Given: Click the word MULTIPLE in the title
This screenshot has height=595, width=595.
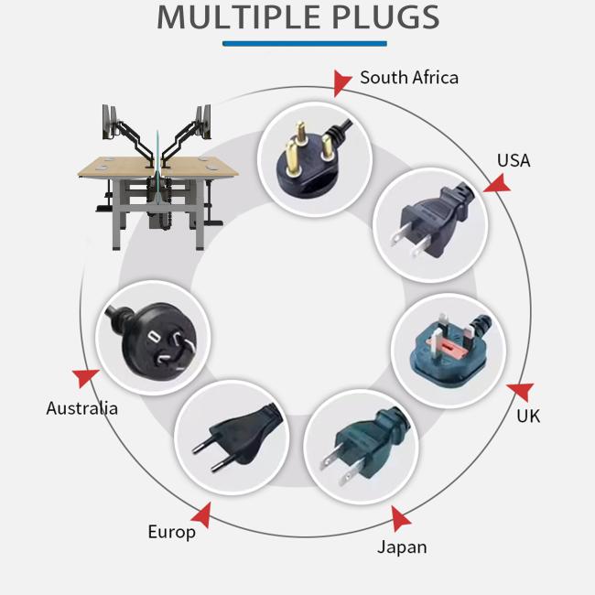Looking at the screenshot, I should tap(233, 16).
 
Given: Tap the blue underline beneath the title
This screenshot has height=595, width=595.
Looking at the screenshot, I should tap(305, 43).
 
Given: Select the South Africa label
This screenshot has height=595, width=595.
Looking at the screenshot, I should tap(409, 78).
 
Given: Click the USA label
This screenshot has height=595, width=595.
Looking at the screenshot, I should tap(514, 160).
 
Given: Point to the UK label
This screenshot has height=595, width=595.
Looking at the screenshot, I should tap(528, 416).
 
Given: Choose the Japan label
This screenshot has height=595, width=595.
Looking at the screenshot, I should tap(402, 547).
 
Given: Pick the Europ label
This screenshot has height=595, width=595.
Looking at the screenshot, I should tap(172, 532).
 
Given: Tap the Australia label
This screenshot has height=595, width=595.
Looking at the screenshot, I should tap(82, 408).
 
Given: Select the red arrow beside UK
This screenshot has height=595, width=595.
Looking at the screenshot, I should tap(520, 392).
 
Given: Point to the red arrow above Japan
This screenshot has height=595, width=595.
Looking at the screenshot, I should tap(400, 519).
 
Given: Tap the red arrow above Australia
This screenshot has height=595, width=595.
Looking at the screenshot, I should tap(87, 377).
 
